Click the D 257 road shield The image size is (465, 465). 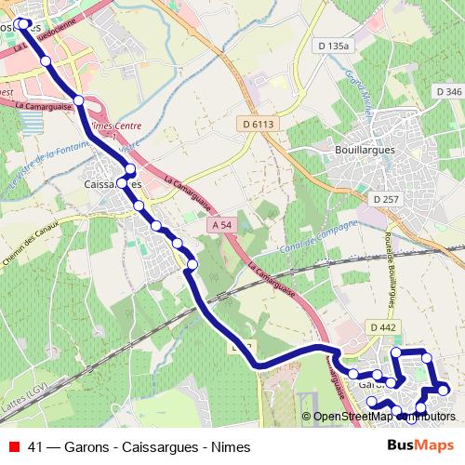click(x=385, y=199)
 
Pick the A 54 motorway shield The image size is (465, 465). click(x=221, y=226)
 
